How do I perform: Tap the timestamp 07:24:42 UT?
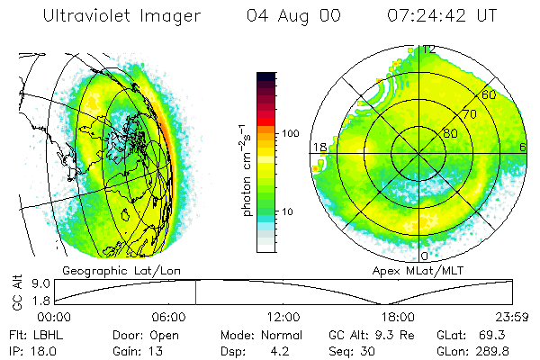444,16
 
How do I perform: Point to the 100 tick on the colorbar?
289,133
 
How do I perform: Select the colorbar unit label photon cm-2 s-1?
247,172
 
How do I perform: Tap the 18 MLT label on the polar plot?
318,147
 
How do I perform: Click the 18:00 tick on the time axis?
397,317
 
